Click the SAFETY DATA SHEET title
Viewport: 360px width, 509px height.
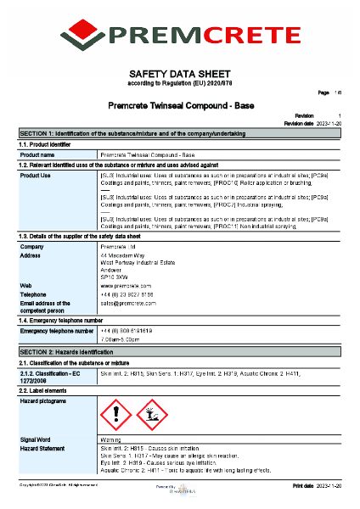pos(180,74)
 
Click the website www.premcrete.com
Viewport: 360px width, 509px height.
pos(126,286)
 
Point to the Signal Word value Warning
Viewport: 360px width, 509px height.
pos(111,440)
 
